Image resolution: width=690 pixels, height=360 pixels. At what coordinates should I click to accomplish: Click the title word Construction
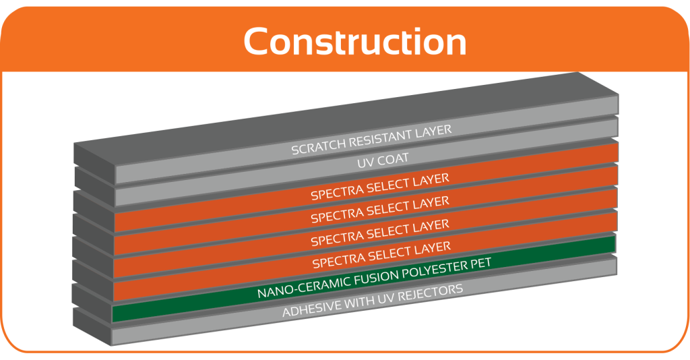[354, 41]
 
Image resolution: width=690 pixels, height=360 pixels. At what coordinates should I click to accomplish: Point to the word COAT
[391, 159]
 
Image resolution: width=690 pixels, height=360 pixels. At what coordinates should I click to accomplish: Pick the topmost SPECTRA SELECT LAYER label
[380, 187]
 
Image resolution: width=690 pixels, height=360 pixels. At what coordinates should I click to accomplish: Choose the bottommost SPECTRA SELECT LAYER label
[381, 255]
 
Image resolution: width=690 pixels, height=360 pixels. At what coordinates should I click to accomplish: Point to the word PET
[480, 262]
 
